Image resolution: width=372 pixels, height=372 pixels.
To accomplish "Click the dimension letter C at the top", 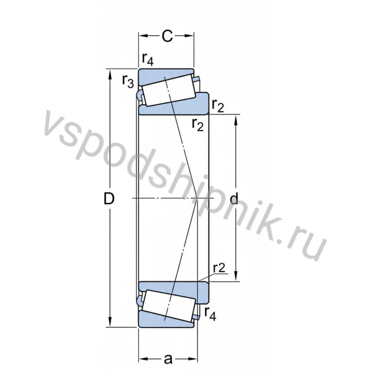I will tap(167, 36).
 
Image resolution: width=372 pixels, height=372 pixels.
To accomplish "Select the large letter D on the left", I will tap(109, 199).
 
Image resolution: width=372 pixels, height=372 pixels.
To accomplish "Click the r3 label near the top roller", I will tap(128, 81).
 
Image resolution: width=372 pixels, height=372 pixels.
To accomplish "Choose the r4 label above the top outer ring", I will tap(148, 59).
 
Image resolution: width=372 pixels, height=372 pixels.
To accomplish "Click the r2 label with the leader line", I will tap(219, 268).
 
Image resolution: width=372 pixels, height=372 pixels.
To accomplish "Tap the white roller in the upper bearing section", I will tap(168, 91).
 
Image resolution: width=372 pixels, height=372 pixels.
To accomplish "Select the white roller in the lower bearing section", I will tap(168, 306).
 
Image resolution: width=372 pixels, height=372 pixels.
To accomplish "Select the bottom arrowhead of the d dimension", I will tap(236, 278).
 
